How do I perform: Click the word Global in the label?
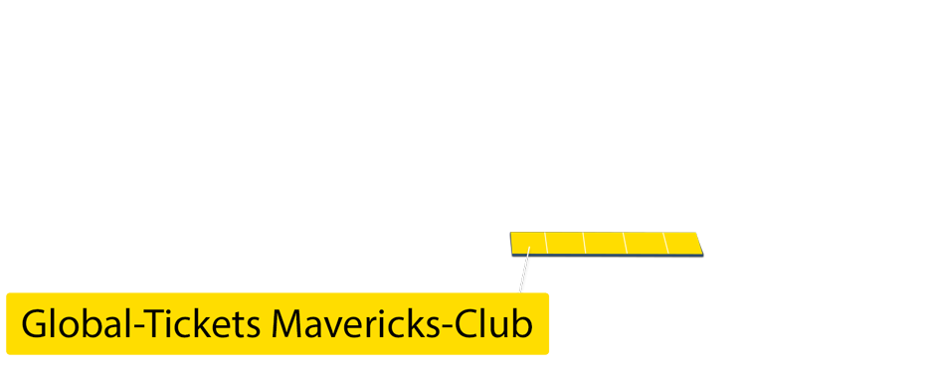tap(76, 325)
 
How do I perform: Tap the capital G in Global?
tap(35, 325)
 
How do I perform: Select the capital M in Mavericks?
tap(288, 325)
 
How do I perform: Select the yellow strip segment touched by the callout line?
tap(528, 243)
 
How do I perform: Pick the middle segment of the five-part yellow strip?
tap(605, 243)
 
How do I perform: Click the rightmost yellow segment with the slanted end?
tap(682, 243)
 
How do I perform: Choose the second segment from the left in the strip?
tap(565, 243)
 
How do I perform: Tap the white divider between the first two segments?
tap(546, 243)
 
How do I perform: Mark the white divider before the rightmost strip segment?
tap(664, 243)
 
